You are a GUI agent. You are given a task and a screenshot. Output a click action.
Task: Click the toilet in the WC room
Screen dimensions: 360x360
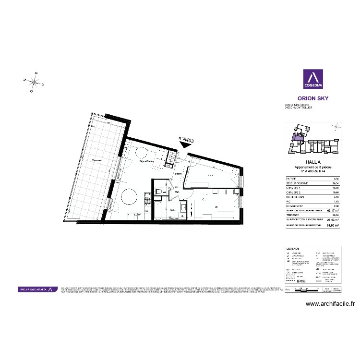158,192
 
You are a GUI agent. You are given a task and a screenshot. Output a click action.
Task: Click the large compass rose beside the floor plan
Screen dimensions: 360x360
35,82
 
